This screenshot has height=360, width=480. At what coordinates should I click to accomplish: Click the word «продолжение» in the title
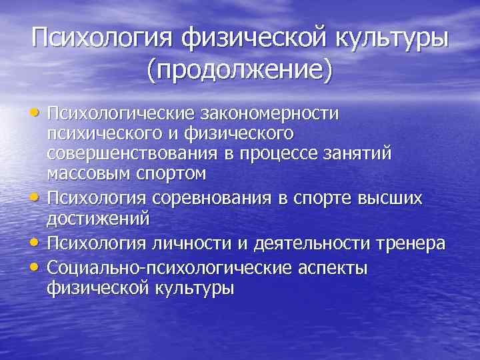pos(240,69)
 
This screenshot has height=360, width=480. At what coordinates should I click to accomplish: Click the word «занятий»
pos(364,153)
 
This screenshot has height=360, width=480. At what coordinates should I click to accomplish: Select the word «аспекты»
pos(331,267)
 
